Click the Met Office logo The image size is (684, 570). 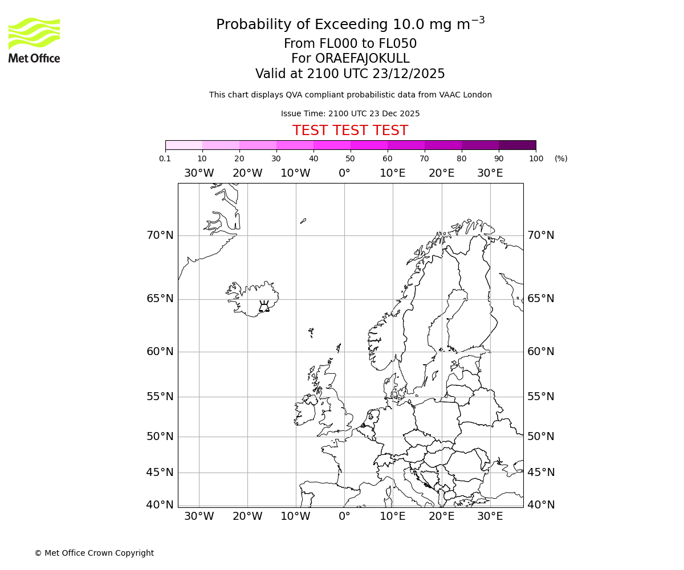click(x=34, y=40)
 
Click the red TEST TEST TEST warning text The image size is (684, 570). click(x=350, y=131)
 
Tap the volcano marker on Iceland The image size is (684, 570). click(x=264, y=307)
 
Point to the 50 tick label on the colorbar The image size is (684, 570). click(x=350, y=158)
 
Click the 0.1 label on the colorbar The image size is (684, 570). click(x=165, y=158)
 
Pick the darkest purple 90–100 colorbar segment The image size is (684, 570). click(x=517, y=145)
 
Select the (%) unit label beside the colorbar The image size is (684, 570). click(x=561, y=158)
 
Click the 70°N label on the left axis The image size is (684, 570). click(x=160, y=235)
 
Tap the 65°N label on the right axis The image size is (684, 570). click(x=540, y=299)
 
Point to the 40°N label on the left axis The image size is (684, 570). click(x=160, y=504)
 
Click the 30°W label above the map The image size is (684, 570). click(x=199, y=173)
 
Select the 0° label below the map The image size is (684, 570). click(x=344, y=516)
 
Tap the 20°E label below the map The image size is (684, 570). click(x=441, y=516)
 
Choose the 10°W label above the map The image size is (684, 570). click(x=295, y=173)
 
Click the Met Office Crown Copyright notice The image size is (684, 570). click(x=94, y=553)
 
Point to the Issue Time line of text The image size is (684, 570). click(x=350, y=113)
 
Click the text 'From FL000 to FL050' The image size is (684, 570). click(x=350, y=44)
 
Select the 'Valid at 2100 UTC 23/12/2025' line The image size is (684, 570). click(x=350, y=74)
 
